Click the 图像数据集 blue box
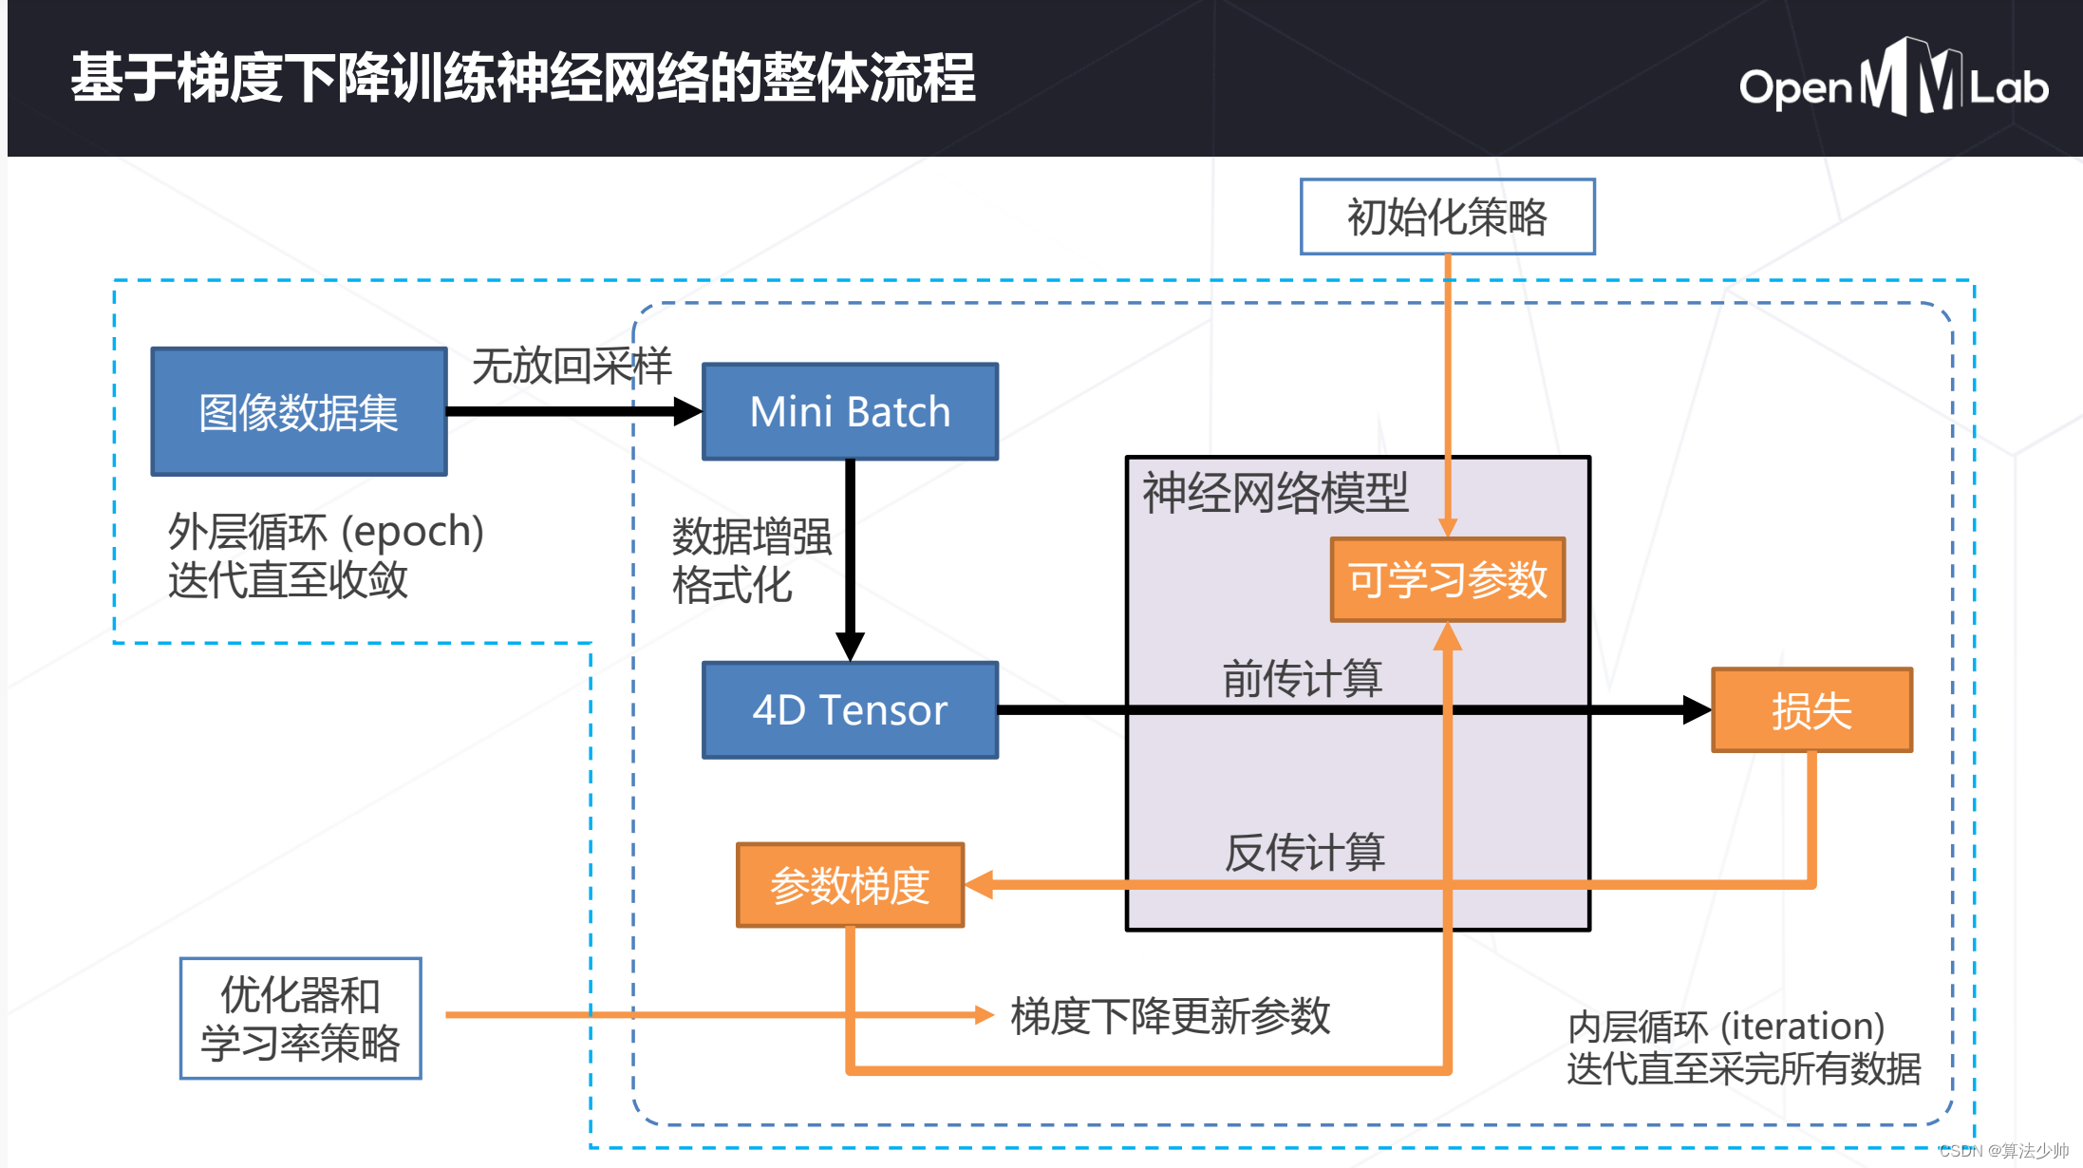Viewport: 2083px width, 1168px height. click(298, 411)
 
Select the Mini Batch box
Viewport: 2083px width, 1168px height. click(850, 411)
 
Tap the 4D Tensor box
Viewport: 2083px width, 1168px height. click(850, 709)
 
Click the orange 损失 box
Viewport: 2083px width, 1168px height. click(1811, 710)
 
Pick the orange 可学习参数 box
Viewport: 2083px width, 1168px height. click(1447, 579)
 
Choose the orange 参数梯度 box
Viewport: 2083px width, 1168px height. click(850, 885)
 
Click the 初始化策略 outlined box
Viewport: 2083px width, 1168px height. click(1447, 217)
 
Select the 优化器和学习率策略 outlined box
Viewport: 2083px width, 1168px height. click(300, 1018)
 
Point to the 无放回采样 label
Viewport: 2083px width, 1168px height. click(572, 366)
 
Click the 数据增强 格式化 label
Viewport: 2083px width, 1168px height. click(750, 560)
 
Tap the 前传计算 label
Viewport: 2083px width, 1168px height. click(1302, 678)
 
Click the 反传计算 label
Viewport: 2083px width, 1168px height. click(1304, 852)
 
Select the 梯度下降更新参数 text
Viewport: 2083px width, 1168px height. click(1170, 1016)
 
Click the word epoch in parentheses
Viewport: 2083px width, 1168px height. click(412, 532)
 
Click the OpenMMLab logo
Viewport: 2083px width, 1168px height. click(1893, 81)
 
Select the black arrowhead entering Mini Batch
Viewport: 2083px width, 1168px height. click(687, 411)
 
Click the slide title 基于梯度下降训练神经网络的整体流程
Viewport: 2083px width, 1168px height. click(522, 78)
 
